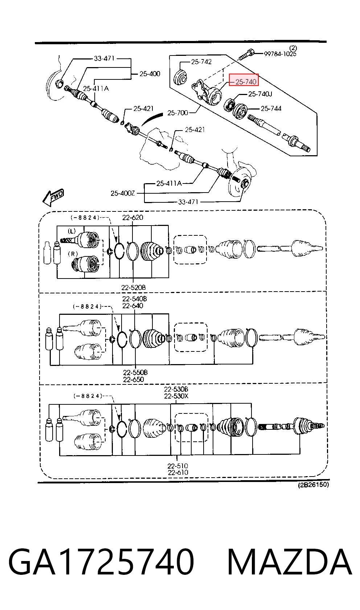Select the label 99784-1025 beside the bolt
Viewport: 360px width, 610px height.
280,54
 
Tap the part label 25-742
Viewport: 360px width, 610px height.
201,62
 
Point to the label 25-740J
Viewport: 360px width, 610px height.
260,94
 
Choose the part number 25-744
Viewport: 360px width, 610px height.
271,109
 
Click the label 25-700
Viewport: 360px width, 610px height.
178,112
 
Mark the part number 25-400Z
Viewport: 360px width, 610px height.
123,193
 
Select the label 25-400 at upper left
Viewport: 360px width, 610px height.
150,74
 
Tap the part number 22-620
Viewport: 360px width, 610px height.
132,217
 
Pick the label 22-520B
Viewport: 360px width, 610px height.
134,287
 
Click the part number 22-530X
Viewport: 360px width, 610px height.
176,396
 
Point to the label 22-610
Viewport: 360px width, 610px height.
178,473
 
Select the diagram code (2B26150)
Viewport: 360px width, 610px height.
313,485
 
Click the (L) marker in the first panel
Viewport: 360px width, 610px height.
71,231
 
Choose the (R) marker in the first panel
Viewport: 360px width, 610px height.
73,254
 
